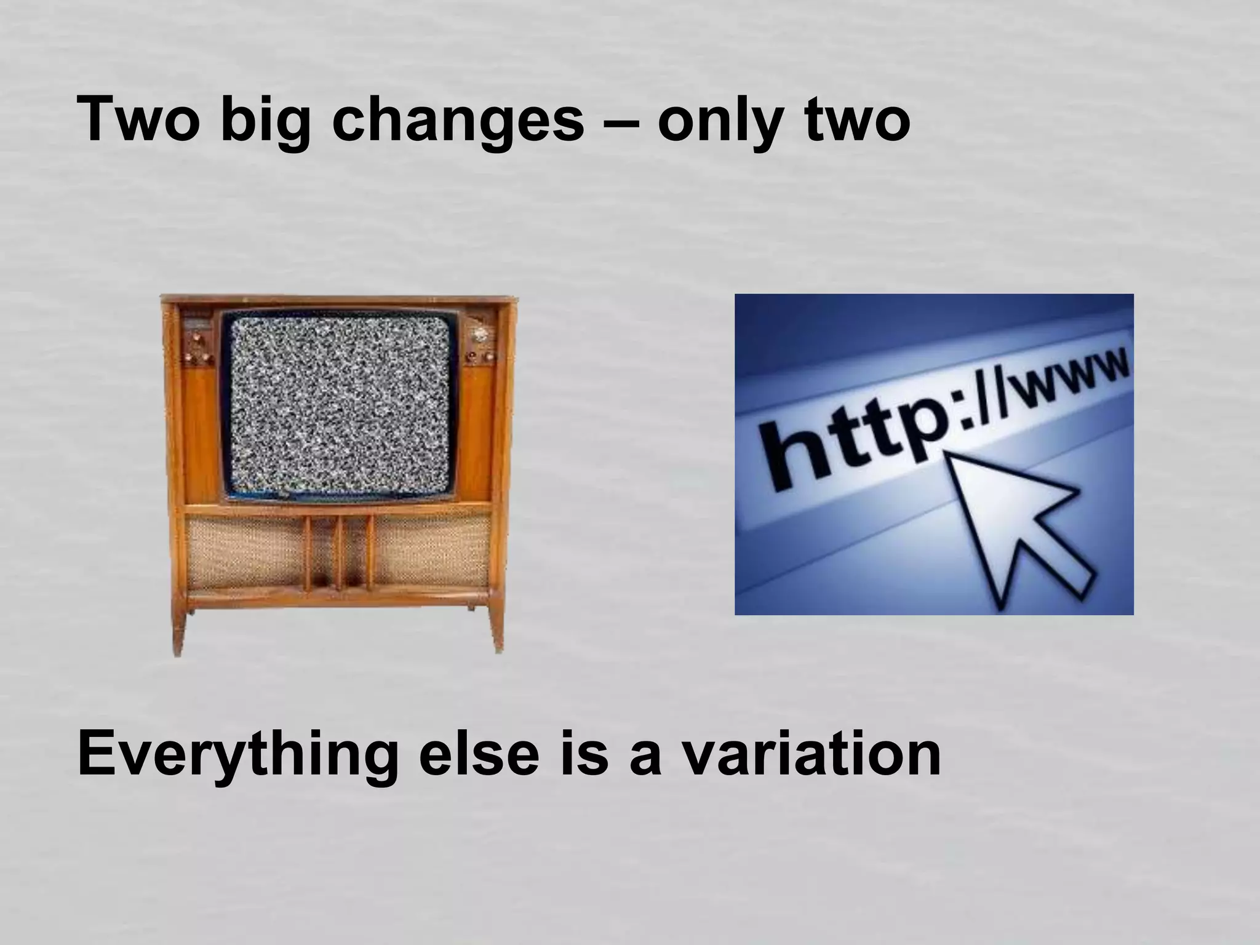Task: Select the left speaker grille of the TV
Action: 246,551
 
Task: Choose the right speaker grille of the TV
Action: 431,551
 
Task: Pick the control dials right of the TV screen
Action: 479,345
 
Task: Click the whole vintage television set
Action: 338,468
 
